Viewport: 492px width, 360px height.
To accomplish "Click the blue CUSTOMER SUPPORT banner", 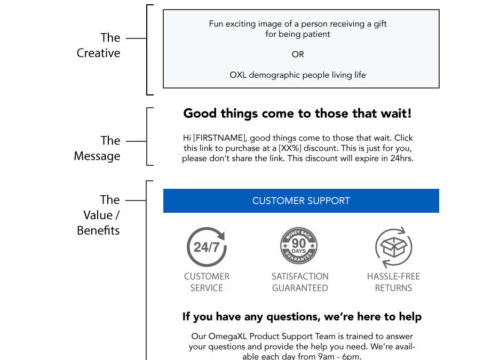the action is [301, 201].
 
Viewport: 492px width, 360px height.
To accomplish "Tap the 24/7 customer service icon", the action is [207, 247].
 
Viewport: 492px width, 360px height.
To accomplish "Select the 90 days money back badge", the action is [299, 246].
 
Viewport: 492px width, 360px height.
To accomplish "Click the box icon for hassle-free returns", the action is [394, 247].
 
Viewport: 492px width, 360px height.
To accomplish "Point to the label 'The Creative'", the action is [99, 45].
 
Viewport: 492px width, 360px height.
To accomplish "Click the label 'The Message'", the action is [97, 148].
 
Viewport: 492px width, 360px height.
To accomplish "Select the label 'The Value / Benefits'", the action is [98, 215].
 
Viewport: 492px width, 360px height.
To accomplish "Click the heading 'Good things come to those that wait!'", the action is [297, 114].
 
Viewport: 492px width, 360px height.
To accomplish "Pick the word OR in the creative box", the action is [298, 54].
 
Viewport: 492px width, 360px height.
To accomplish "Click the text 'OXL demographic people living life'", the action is [298, 75].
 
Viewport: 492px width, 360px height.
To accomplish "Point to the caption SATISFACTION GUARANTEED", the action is [300, 282].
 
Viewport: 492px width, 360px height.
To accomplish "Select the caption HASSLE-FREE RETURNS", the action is [393, 282].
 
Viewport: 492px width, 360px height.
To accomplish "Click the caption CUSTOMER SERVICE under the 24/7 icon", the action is [207, 282].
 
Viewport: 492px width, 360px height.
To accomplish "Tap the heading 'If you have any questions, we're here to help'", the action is [302, 317].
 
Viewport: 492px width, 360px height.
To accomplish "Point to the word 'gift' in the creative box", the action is [380, 24].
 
